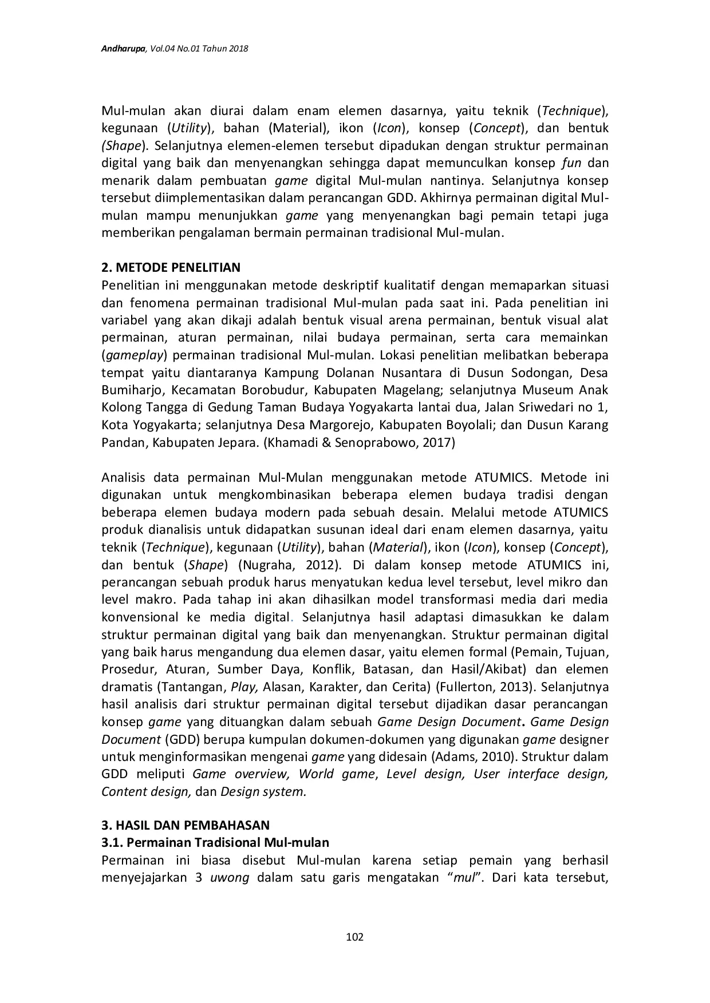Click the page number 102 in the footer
pyautogui.click(x=355, y=937)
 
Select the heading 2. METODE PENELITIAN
pyautogui.click(x=171, y=267)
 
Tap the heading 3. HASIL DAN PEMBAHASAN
pyautogui.click(x=185, y=825)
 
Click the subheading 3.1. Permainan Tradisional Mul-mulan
pyautogui.click(x=215, y=842)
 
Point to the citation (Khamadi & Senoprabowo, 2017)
pyautogui.click(x=359, y=443)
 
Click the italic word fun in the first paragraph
pyautogui.click(x=571, y=163)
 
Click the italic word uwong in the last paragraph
pyautogui.click(x=230, y=878)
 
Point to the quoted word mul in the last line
pyautogui.click(x=464, y=878)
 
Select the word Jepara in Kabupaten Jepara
pyautogui.click(x=235, y=443)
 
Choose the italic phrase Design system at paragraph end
pyautogui.click(x=263, y=792)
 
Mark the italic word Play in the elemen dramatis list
pyautogui.click(x=243, y=687)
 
